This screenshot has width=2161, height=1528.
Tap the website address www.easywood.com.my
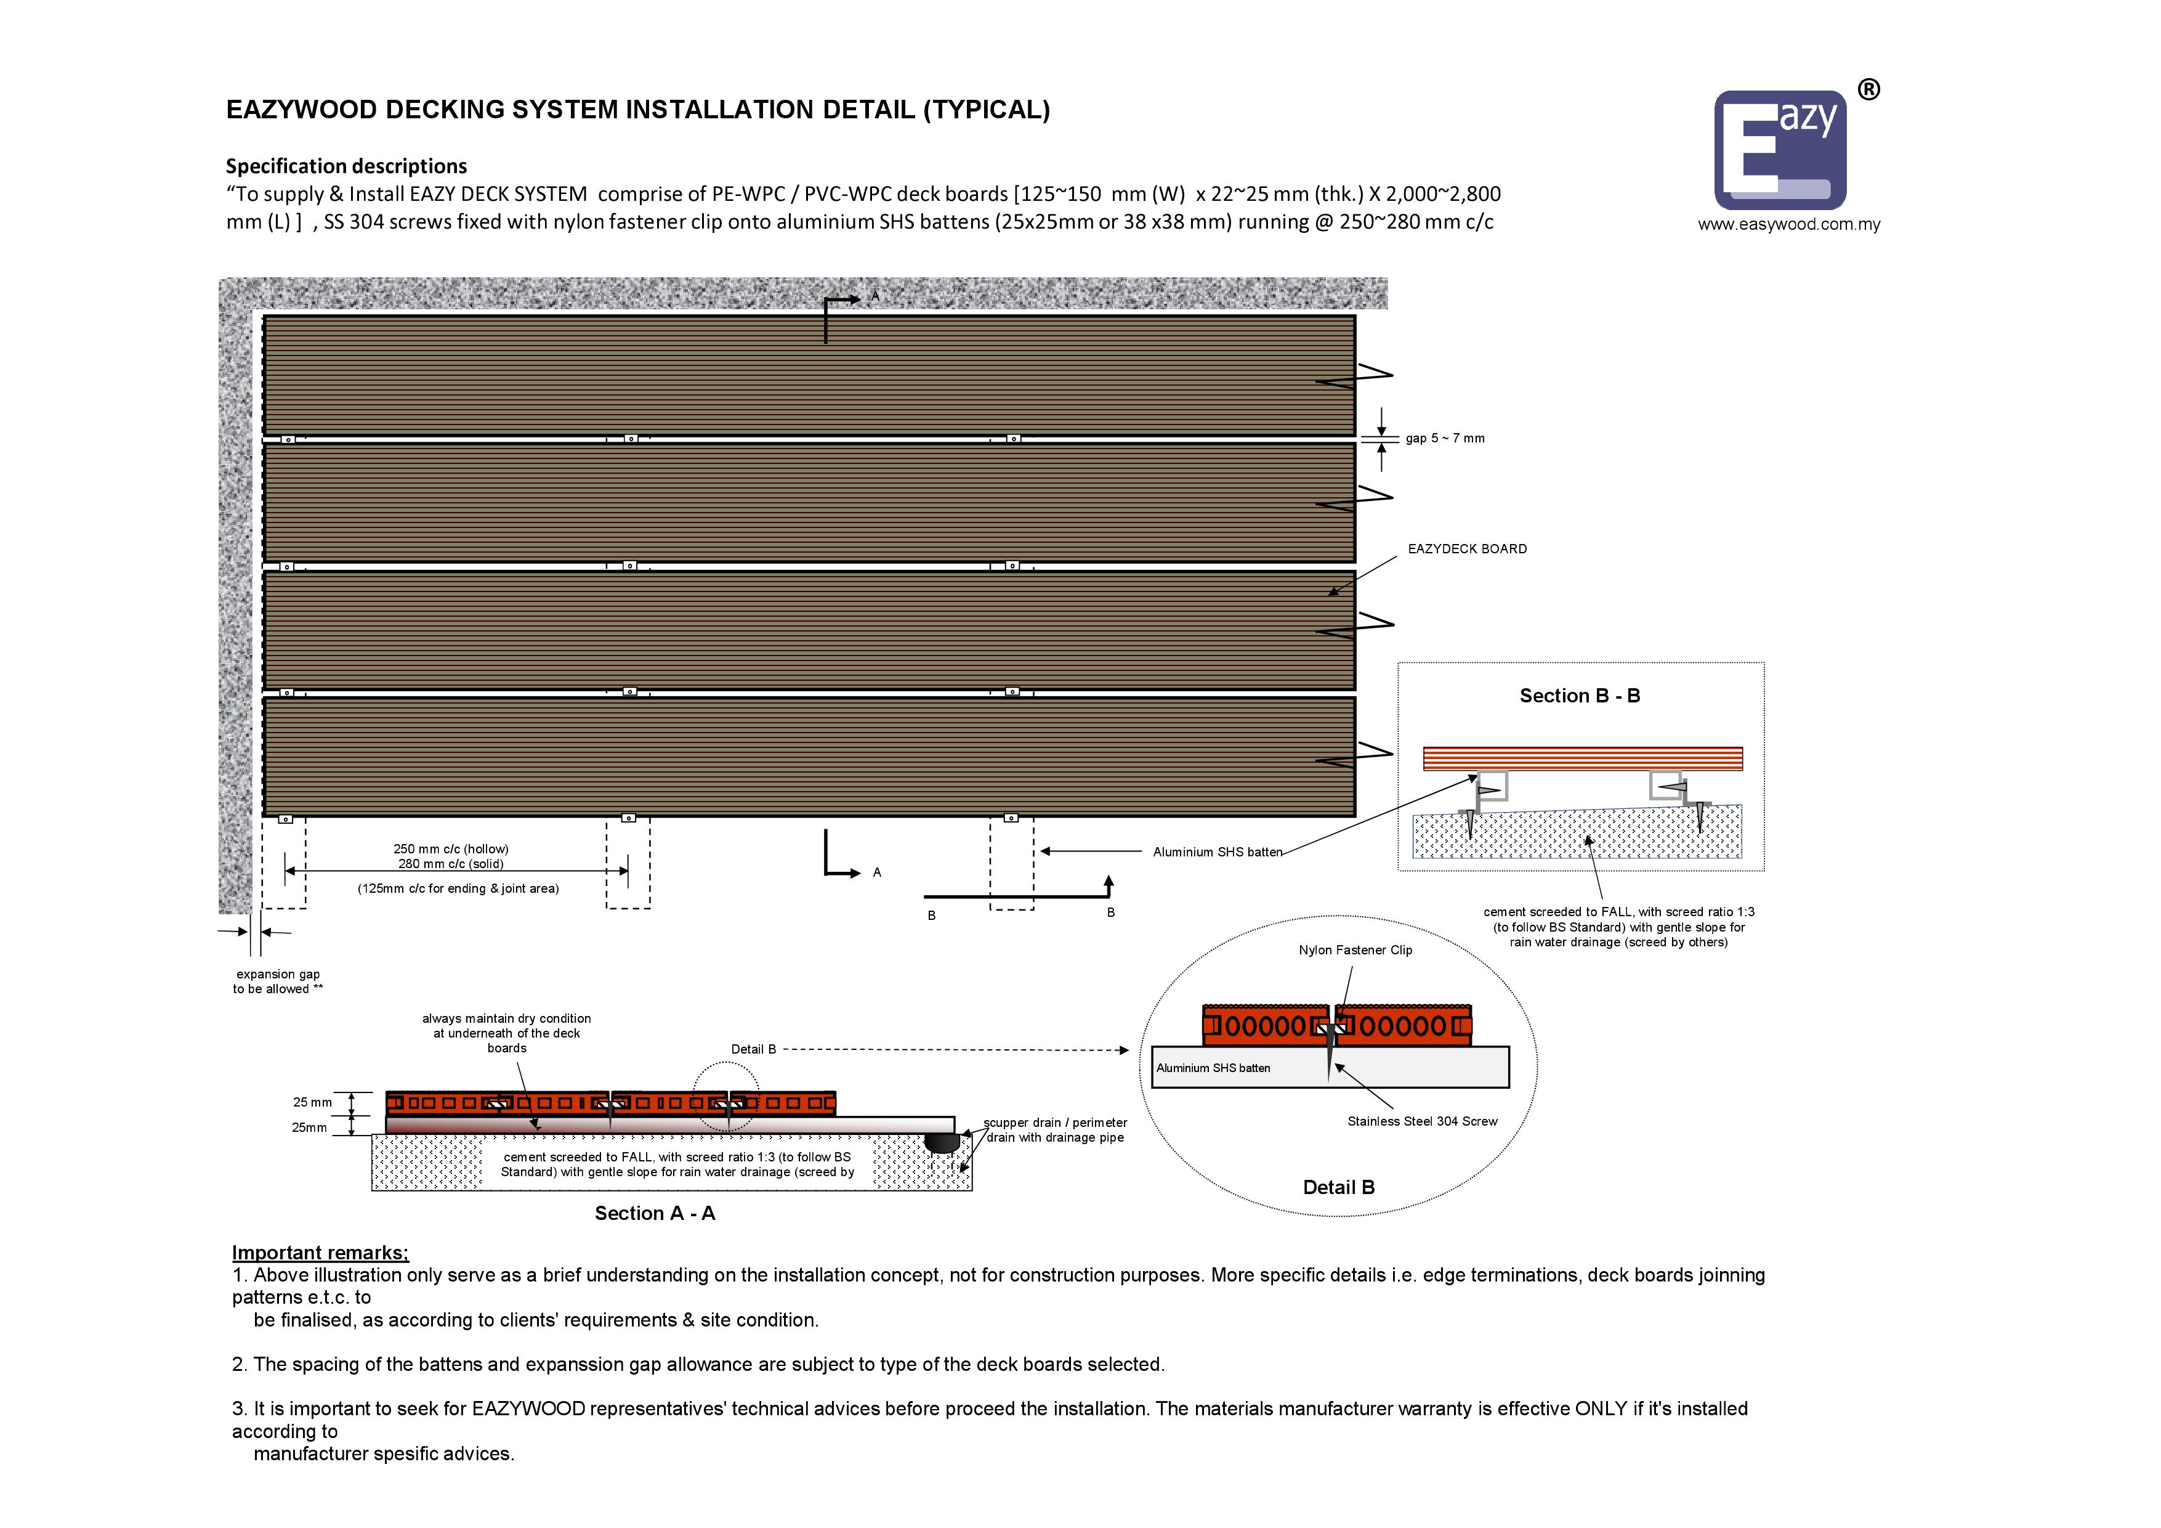pyautogui.click(x=1788, y=224)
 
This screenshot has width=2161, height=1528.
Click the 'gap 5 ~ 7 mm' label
pyautogui.click(x=1445, y=438)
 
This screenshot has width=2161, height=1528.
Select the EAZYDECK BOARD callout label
pyautogui.click(x=1466, y=549)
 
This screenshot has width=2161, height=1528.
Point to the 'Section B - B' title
pyautogui.click(x=1580, y=696)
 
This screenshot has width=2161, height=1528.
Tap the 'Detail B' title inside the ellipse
pyautogui.click(x=1338, y=1187)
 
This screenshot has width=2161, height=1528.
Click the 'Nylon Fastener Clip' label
pyautogui.click(x=1355, y=950)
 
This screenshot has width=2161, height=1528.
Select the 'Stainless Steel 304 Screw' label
pyautogui.click(x=1421, y=1121)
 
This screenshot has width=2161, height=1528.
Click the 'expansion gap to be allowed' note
pyautogui.click(x=278, y=981)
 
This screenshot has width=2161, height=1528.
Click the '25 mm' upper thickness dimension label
pyautogui.click(x=312, y=1102)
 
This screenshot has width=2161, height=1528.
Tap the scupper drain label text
pyautogui.click(x=1055, y=1130)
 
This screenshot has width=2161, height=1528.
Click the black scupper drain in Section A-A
pyautogui.click(x=941, y=1142)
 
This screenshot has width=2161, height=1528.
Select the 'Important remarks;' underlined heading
pyautogui.click(x=320, y=1252)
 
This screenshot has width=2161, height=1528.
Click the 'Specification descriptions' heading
pyautogui.click(x=346, y=166)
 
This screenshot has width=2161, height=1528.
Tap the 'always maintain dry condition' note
pyautogui.click(x=506, y=1033)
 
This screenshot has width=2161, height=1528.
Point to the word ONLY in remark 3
pyautogui.click(x=1601, y=1408)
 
